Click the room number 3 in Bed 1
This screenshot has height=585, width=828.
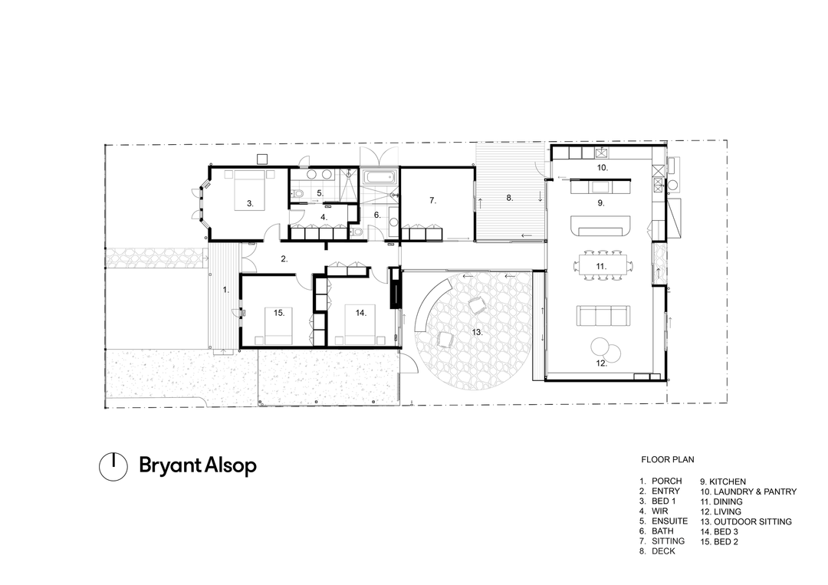(250, 203)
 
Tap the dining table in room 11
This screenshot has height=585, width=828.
(602, 266)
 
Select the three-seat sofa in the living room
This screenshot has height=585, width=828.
(602, 315)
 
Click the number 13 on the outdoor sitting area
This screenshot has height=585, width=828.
(477, 332)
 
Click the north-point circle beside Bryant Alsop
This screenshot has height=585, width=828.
(113, 467)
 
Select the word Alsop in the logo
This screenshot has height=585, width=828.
(230, 465)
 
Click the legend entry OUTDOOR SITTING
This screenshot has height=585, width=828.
(747, 521)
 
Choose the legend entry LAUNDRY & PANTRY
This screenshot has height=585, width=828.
(748, 491)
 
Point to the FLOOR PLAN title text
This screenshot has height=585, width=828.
(668, 459)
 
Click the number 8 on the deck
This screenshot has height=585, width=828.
(509, 198)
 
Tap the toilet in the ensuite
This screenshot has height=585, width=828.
(299, 194)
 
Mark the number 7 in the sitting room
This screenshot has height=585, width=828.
(432, 201)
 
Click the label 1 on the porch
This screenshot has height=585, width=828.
(225, 290)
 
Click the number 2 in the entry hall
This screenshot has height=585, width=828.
(284, 258)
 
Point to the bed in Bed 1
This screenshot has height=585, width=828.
(248, 190)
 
